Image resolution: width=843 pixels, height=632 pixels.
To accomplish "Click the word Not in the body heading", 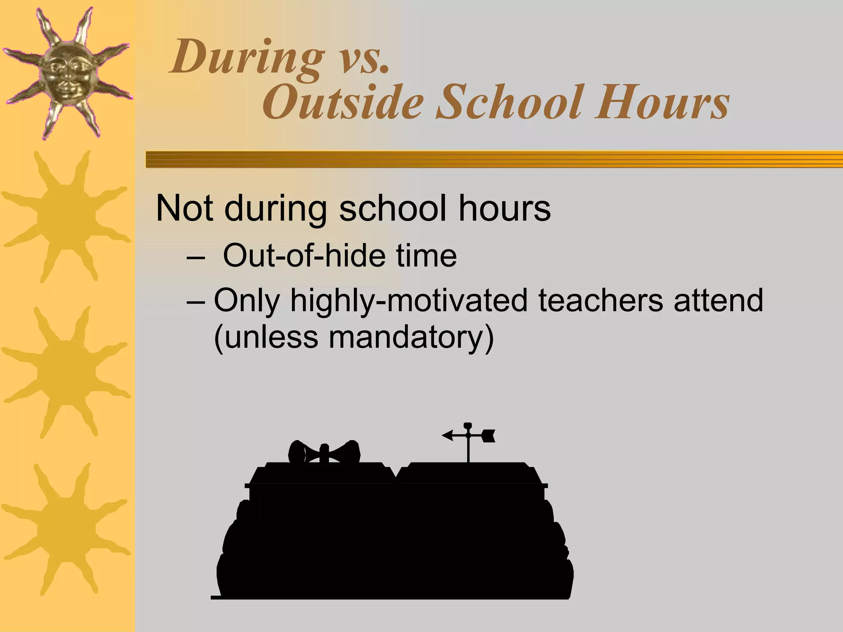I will pyautogui.click(x=185, y=208).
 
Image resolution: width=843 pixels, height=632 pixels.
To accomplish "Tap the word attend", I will pyautogui.click(x=718, y=300).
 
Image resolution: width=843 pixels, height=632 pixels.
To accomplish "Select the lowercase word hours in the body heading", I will pyautogui.click(x=504, y=208).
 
